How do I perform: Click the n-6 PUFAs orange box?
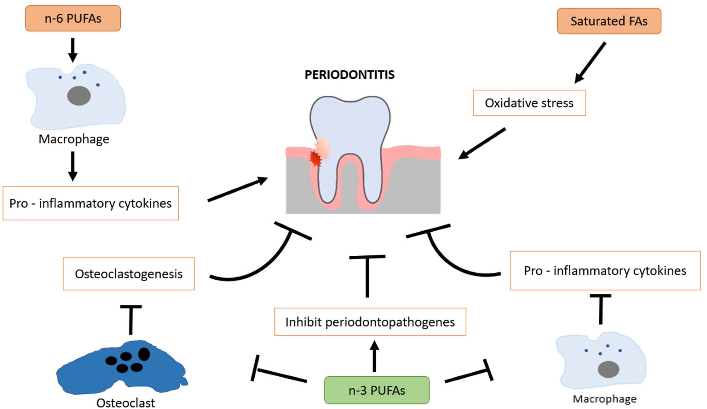[73, 19]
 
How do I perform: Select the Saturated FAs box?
[609, 21]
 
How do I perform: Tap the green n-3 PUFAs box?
[376, 390]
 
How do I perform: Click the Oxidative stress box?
[529, 103]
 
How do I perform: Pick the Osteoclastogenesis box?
[129, 274]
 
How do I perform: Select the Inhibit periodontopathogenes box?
[370, 322]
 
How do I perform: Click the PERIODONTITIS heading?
[350, 75]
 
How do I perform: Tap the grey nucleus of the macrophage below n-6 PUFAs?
[79, 96]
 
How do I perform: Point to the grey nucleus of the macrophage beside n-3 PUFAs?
[608, 369]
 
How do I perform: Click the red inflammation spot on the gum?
[315, 159]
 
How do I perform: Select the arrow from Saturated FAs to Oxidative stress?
[591, 63]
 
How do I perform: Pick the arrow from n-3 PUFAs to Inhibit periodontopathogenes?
[374, 356]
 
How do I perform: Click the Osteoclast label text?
[125, 403]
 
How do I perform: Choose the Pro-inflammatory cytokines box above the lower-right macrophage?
[605, 271]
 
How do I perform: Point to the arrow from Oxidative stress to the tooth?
[483, 143]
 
